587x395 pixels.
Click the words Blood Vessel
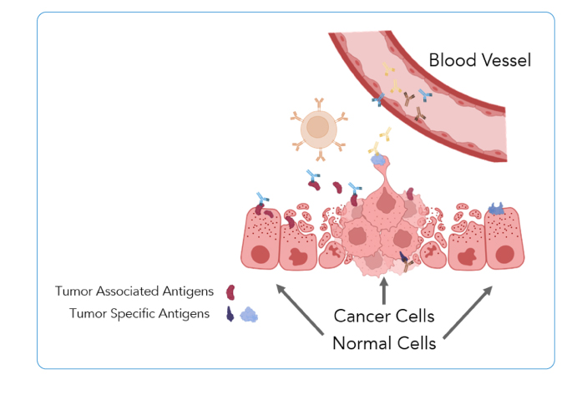[479, 60]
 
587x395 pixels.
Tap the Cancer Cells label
[384, 316]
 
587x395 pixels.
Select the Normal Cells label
[384, 343]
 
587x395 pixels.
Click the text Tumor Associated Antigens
[134, 291]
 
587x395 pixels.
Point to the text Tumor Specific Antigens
[139, 313]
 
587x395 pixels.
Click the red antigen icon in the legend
[230, 292]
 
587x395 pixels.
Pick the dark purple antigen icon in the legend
[230, 314]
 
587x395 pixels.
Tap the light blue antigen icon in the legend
[249, 315]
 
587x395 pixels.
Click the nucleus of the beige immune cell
[317, 127]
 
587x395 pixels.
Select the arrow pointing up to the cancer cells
[384, 291]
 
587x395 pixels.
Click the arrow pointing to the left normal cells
[300, 309]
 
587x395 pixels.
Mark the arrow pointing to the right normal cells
[468, 312]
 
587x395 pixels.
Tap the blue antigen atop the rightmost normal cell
[497, 209]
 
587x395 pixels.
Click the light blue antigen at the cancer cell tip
[378, 160]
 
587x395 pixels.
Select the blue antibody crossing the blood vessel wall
[378, 99]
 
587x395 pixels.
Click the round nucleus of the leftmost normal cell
[261, 255]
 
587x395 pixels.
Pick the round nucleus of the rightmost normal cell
[504, 255]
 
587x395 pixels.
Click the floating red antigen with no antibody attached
[337, 187]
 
